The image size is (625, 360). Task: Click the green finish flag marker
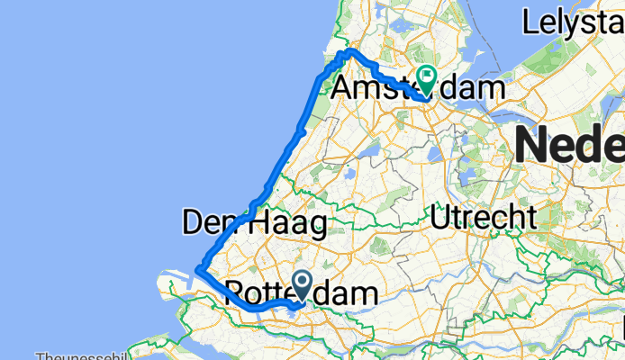tap(426, 81)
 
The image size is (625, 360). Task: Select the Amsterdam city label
tap(419, 88)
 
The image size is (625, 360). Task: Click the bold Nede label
tap(569, 144)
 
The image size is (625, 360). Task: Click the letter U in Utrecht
tap(441, 217)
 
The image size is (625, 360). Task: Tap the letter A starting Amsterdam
tap(345, 89)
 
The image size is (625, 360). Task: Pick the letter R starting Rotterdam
tap(235, 293)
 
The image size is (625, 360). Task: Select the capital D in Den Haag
tap(193, 222)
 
